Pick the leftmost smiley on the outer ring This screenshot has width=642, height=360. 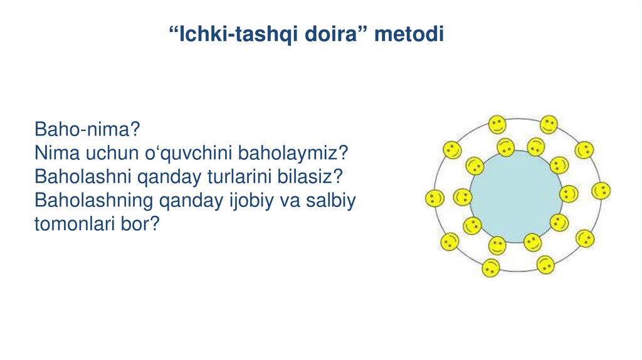coord(434,198)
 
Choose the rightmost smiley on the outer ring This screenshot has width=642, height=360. coord(601,191)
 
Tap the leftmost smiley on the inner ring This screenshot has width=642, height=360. coord(462,197)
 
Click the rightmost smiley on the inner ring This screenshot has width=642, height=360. coord(569,194)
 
